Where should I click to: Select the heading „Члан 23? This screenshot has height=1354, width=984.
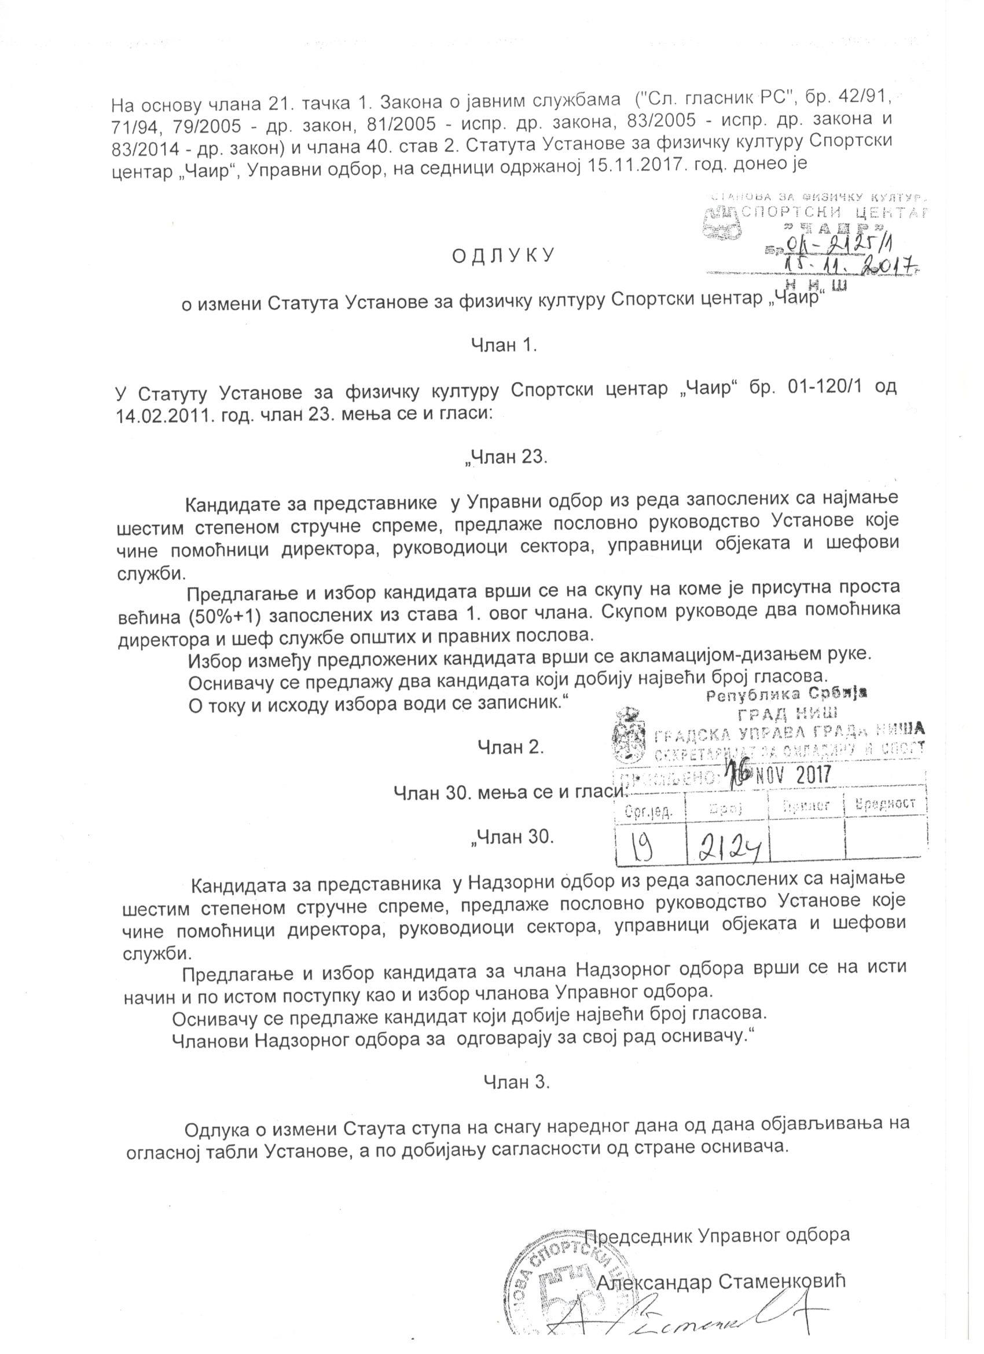[506, 458]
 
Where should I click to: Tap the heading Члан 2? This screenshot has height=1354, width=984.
[510, 747]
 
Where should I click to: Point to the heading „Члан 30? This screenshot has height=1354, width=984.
[512, 837]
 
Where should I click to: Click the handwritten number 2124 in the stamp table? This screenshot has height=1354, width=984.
[728, 846]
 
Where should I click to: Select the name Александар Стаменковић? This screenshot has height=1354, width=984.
[722, 1279]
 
